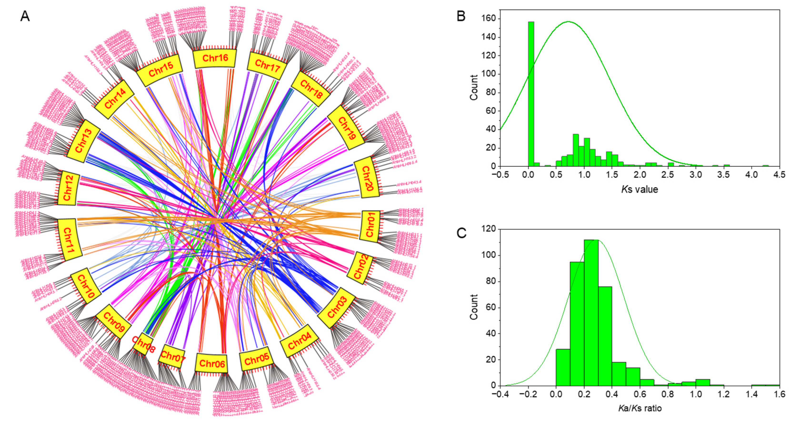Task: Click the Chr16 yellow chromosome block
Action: tap(215, 58)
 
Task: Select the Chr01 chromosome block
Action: tap(370, 226)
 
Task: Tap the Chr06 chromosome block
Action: tap(211, 363)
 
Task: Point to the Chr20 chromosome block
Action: tap(366, 178)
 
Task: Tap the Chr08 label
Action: tap(144, 344)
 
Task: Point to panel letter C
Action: tap(461, 233)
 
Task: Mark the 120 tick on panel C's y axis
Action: tap(489, 229)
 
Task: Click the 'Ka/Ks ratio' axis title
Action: tap(640, 408)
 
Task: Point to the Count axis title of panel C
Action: tap(474, 307)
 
